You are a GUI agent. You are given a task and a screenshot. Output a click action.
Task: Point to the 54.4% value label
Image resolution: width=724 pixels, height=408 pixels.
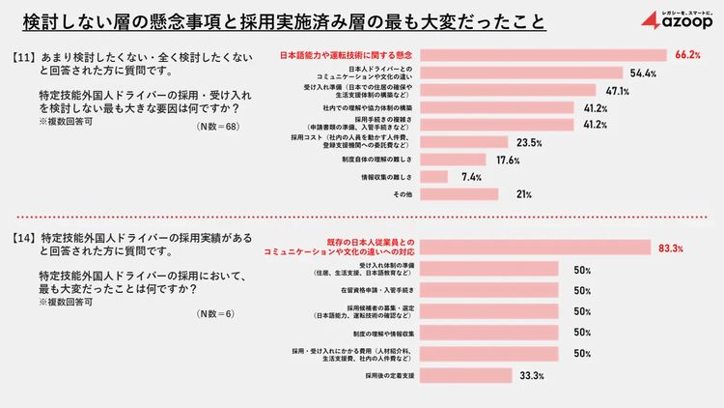(643, 73)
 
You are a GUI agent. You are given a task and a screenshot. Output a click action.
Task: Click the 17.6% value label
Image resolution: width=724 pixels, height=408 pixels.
(508, 160)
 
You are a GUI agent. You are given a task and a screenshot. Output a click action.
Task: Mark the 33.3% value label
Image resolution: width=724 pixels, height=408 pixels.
(532, 375)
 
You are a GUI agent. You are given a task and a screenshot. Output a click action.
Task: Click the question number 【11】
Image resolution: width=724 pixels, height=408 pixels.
(26, 58)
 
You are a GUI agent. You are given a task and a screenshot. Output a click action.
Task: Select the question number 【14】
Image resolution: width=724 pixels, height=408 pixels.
(26, 237)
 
